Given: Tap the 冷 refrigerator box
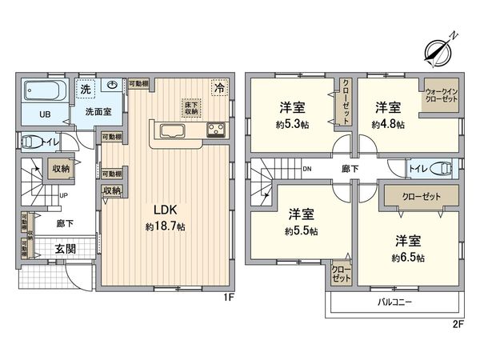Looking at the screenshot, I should click(x=217, y=88).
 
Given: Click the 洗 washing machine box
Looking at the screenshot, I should click(x=84, y=88).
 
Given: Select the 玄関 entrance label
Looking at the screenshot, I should click(x=66, y=249).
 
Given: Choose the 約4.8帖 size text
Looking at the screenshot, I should click(x=387, y=125).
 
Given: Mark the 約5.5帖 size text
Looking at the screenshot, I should click(x=301, y=231).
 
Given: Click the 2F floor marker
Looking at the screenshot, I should click(x=458, y=324).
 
